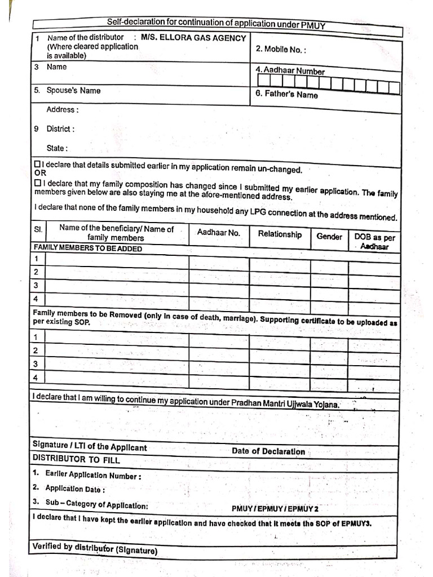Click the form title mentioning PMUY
pyautogui.click(x=216, y=23)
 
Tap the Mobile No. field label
pyautogui.click(x=281, y=49)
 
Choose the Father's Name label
pyautogui.click(x=286, y=95)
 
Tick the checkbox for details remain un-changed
pyautogui.click(x=37, y=164)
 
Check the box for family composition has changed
pyautogui.click(x=37, y=183)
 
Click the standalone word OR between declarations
pyautogui.click(x=39, y=174)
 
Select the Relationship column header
pyautogui.click(x=280, y=234)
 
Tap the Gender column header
pyautogui.click(x=329, y=237)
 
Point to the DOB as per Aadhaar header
pyautogui.click(x=374, y=242)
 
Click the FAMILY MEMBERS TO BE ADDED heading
pyautogui.click(x=88, y=248)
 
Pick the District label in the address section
pyautogui.click(x=60, y=128)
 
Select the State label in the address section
pyautogui.click(x=57, y=148)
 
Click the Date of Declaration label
pyautogui.click(x=268, y=451)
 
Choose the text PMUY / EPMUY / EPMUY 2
pyautogui.click(x=275, y=509)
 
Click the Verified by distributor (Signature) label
pyautogui.click(x=95, y=548)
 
